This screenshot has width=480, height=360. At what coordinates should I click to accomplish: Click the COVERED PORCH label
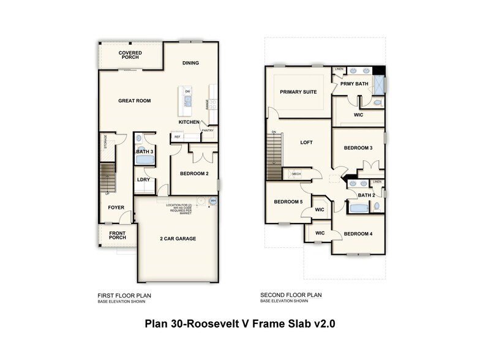130,56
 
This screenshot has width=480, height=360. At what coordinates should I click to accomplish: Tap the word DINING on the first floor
190,62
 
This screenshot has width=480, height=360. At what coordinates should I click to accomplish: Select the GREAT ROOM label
134,101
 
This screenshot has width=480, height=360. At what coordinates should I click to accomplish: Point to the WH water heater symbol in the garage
213,200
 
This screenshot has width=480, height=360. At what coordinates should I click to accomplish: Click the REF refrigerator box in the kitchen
178,137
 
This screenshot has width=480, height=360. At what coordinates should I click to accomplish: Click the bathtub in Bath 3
144,159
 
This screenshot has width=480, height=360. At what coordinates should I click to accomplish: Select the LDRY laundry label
144,179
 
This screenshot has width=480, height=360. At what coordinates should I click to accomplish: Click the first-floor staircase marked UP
108,178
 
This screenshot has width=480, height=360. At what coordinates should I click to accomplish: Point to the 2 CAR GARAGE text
178,238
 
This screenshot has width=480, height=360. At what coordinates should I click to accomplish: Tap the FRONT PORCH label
118,236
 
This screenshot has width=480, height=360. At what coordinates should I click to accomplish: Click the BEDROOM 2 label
194,174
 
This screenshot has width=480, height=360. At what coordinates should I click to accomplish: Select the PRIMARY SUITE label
298,92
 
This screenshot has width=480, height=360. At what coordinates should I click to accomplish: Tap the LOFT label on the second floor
306,143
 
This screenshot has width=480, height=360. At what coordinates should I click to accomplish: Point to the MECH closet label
296,174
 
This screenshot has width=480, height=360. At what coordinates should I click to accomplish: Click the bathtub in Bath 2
358,208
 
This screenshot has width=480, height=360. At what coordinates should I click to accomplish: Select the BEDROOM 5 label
288,202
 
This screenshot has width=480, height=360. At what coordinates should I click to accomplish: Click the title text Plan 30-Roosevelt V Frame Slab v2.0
239,324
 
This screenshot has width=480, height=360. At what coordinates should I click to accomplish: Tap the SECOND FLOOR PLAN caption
291,295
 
